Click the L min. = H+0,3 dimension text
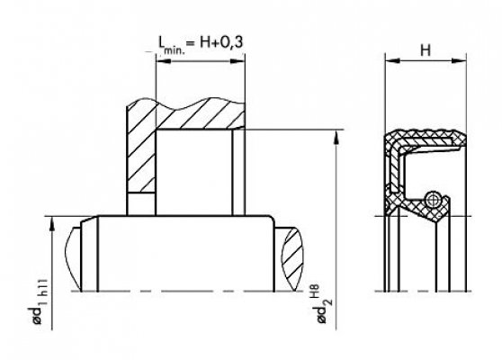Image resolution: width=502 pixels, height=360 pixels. [x=201, y=44]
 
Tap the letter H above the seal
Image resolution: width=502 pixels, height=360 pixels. [x=426, y=50]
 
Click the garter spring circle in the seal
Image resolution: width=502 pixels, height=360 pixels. [x=433, y=200]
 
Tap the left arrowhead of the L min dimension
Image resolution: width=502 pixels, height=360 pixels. [x=163, y=60]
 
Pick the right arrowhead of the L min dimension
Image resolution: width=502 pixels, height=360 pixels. [x=238, y=60]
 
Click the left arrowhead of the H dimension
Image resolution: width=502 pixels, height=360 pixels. [x=393, y=60]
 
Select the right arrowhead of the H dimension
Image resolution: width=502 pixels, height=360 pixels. [x=459, y=60]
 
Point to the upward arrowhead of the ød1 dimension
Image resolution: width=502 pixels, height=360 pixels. [x=52, y=224]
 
